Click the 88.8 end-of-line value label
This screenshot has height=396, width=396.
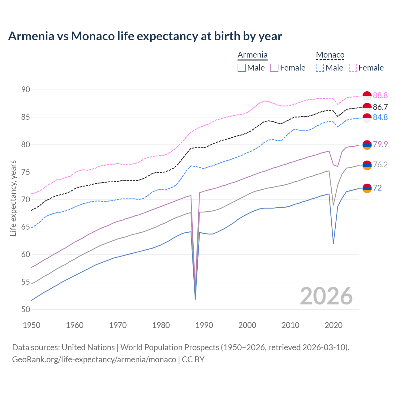point(380,95)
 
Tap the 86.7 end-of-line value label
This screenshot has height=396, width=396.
point(380,107)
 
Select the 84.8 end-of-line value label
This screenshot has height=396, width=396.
point(380,118)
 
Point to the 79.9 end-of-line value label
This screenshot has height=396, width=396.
point(380,144)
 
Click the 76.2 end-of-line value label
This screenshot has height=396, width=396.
point(380,165)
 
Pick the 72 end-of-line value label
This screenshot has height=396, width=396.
point(377,188)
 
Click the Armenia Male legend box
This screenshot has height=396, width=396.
point(242,68)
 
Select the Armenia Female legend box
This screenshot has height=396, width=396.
point(274,68)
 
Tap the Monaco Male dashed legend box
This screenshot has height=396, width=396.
point(320,68)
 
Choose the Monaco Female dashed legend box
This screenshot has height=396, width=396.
point(353,68)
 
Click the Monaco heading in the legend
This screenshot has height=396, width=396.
point(330,55)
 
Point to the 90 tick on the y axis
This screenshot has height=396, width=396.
point(26,90)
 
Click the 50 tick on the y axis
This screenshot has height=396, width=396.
point(26,309)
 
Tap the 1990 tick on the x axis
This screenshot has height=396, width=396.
point(204,325)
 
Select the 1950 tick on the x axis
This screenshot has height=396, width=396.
point(32,325)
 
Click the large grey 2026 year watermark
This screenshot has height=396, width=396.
point(326,296)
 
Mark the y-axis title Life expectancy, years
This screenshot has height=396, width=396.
point(13,198)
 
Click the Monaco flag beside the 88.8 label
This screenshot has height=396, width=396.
point(367,96)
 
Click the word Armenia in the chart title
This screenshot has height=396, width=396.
point(31,36)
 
